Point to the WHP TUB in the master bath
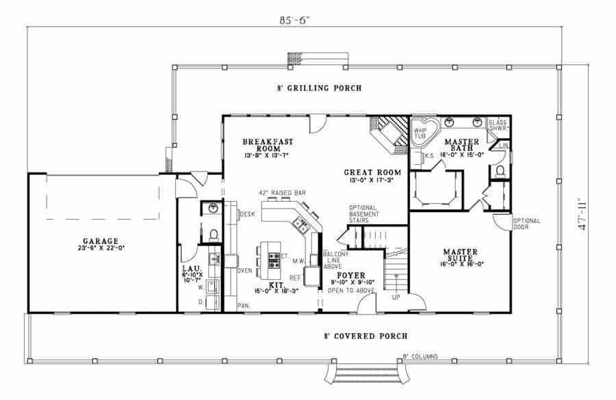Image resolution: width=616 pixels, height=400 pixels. point(420,133)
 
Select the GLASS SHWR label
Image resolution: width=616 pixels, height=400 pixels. point(498,127)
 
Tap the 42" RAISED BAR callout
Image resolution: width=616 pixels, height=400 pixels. point(282,194)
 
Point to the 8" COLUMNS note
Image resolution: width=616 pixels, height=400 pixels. point(420,356)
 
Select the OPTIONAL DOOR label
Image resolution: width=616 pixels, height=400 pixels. point(527,225)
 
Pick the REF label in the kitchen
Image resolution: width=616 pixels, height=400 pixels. point(296,278)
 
